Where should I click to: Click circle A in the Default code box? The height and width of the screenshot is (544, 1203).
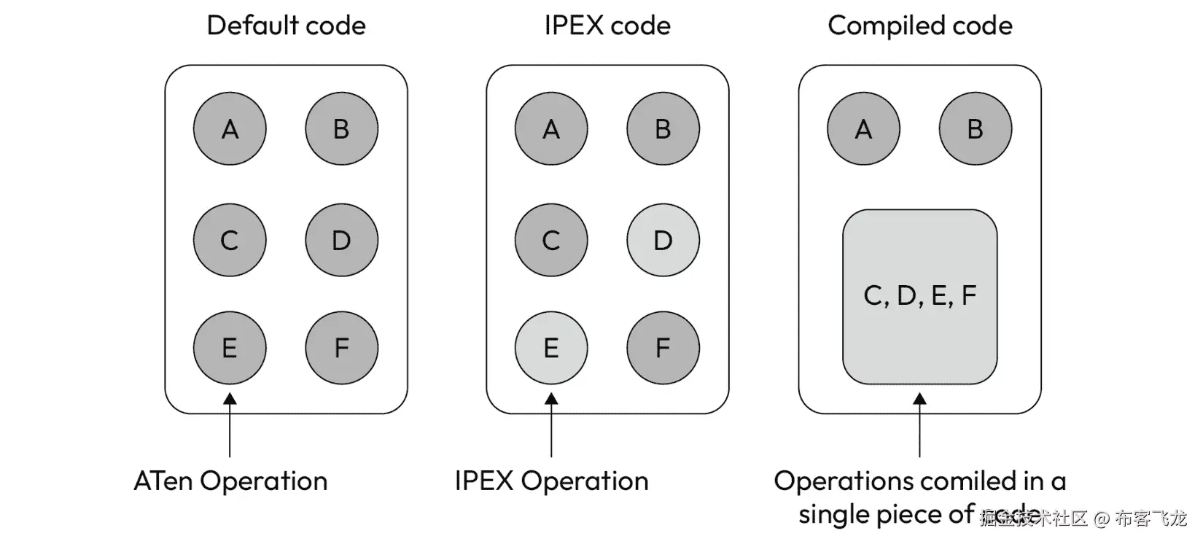(230, 129)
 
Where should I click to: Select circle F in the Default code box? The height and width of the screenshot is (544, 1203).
(341, 348)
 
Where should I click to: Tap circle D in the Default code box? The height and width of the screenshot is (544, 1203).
(341, 240)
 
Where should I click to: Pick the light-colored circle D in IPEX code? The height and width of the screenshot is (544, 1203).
(663, 240)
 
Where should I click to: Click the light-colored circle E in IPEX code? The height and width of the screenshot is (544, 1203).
(551, 348)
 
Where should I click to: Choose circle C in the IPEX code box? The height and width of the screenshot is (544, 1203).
(551, 240)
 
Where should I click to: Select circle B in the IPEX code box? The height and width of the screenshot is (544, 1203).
(663, 129)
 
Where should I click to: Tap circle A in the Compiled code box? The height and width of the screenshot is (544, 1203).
(863, 129)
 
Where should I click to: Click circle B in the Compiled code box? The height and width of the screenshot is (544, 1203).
(975, 129)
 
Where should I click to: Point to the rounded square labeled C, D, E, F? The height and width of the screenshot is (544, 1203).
(919, 296)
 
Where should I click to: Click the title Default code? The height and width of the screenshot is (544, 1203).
(286, 26)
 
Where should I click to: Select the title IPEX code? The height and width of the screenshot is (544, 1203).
(607, 26)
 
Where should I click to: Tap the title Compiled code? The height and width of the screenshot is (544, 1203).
(920, 26)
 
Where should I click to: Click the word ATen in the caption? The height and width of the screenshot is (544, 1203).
(163, 481)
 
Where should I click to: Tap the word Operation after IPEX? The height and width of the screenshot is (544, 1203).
(585, 481)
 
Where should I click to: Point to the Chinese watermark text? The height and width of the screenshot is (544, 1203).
(1083, 518)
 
